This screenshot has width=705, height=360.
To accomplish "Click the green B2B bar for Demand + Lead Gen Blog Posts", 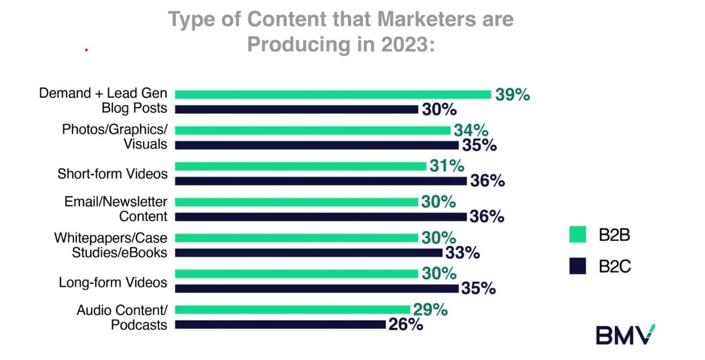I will click(333, 94).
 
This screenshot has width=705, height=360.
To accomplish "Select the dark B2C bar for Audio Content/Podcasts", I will click(280, 324).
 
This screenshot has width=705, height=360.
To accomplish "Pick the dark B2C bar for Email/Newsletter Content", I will click(321, 216).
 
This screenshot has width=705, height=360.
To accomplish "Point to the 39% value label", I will click(513, 95).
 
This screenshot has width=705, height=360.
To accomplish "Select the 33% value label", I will click(462, 253).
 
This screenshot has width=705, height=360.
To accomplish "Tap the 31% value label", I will click(446, 166).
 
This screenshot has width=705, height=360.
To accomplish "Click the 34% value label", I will click(470, 130).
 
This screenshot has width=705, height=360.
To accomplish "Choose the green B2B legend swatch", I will click(578, 235).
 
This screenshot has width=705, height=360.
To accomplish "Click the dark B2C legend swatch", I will click(578, 266).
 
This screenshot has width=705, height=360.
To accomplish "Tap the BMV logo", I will click(625, 335).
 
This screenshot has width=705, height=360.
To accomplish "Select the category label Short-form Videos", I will click(112, 174).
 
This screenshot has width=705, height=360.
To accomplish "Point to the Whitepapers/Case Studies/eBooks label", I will click(111, 245).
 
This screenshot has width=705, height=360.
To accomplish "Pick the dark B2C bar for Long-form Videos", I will click(317, 288).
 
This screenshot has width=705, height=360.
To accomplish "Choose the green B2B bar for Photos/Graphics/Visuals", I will click(312, 130).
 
